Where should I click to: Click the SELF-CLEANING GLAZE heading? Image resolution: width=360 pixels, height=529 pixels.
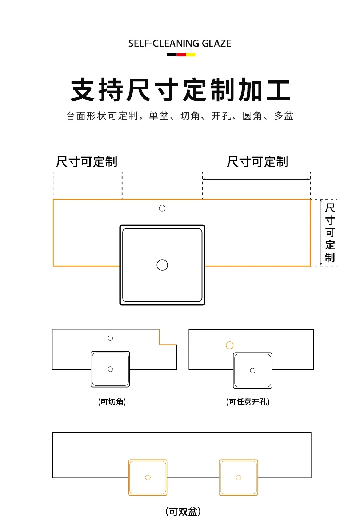[x=180, y=44]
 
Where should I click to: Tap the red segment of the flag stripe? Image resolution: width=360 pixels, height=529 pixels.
[x=181, y=55]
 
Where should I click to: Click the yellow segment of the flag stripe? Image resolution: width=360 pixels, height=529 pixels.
[x=191, y=55]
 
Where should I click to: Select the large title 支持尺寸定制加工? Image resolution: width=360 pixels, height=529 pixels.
[x=180, y=90]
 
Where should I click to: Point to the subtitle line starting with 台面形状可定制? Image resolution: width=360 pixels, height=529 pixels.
[x=180, y=116]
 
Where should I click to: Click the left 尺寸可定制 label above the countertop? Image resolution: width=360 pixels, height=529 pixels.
[x=87, y=162]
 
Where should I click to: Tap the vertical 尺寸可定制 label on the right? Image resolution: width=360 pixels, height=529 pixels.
[x=330, y=233]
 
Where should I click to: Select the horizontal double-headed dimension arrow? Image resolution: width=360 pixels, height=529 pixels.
[x=256, y=179]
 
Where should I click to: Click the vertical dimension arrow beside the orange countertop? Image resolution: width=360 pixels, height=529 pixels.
[x=321, y=233]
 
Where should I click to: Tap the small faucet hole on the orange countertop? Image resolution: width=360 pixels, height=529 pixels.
[x=162, y=208]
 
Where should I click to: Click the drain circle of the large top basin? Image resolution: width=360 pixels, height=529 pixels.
[x=162, y=265]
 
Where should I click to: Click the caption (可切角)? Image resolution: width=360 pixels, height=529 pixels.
[x=112, y=402]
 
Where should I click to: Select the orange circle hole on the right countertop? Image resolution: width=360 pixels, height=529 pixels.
[x=229, y=345]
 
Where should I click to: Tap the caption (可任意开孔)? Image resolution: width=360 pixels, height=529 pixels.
[x=248, y=402]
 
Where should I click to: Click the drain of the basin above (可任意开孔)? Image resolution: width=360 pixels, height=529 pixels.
[x=253, y=370]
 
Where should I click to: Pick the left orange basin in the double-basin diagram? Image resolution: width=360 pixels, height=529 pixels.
[x=148, y=477]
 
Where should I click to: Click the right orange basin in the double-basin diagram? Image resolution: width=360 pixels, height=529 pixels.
[x=239, y=477]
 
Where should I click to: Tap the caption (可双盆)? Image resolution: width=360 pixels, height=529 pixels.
[x=183, y=512]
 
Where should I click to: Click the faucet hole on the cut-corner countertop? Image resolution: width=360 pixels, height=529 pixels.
[x=110, y=338]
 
